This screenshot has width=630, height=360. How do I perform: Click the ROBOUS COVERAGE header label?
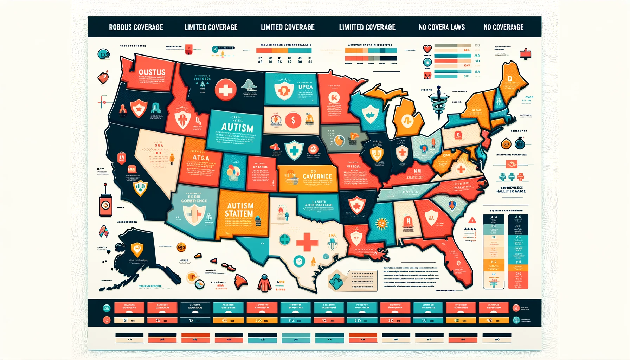click(x=136, y=27)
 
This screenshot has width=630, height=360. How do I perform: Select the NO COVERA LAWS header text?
click(x=442, y=27)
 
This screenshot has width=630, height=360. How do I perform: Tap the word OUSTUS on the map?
click(x=152, y=72)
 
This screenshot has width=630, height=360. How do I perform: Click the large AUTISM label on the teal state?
click(x=237, y=127)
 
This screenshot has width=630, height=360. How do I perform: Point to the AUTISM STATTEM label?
click(x=239, y=210)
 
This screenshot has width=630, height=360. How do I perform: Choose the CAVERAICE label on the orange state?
click(x=317, y=176)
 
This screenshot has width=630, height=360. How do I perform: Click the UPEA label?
click(x=305, y=87)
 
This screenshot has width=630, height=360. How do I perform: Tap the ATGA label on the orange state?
click(x=201, y=158)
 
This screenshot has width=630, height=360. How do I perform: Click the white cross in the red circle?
click(x=225, y=90)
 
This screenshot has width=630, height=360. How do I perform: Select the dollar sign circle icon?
click(x=293, y=121)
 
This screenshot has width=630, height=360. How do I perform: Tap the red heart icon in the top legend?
click(x=427, y=49)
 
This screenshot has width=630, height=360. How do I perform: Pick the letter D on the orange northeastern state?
click(x=510, y=78)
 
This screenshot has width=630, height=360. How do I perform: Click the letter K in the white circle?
click(x=334, y=97)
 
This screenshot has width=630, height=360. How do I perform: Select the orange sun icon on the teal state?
click(x=382, y=223)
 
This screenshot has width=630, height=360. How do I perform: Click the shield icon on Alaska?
click(x=137, y=249)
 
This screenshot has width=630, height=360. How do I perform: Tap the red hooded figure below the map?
click(x=264, y=283)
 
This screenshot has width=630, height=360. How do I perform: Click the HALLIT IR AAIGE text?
click(x=511, y=191)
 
